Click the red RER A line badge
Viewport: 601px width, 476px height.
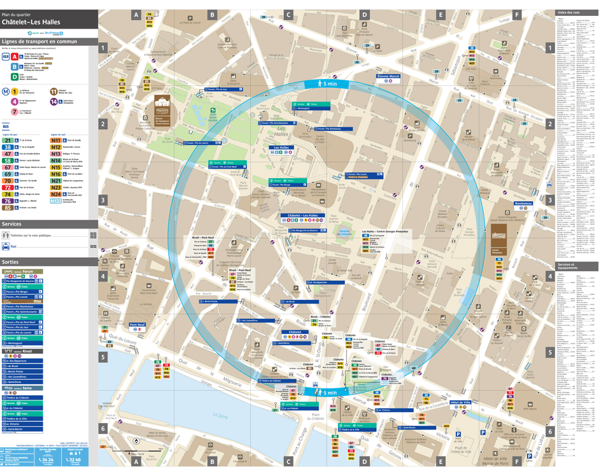15,57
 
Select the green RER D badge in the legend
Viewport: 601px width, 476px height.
15,76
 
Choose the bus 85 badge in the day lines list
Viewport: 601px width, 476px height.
8,207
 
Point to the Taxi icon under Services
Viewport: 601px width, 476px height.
6,245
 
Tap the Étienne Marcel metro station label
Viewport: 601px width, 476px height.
388,76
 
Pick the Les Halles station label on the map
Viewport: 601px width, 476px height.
281,148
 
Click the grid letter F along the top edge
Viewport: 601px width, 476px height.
517,14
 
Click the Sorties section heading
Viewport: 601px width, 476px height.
11,262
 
